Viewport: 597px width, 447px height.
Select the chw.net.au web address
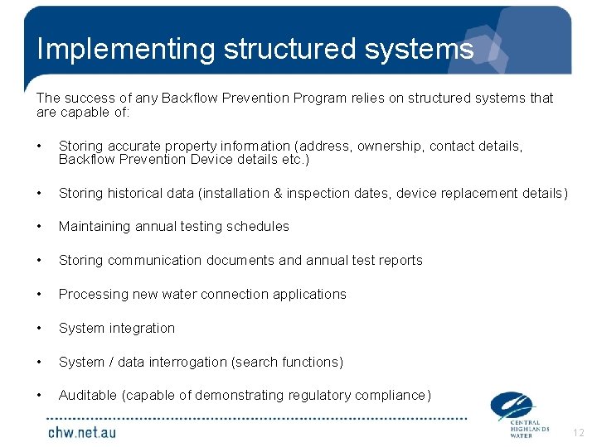tap(82, 431)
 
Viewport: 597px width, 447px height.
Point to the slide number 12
tap(578, 432)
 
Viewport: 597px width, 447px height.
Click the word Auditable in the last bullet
tap(88, 396)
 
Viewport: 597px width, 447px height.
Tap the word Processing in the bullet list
tap(91, 295)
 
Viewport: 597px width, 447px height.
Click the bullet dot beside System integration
tap(39, 328)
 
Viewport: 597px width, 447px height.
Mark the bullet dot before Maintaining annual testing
tap(39, 226)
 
